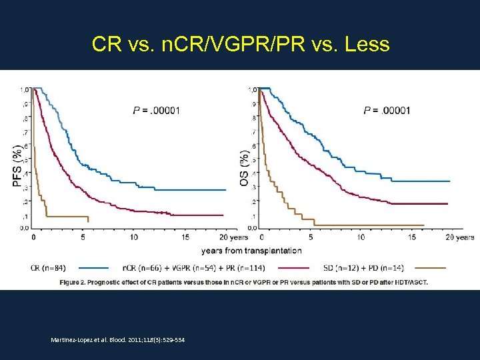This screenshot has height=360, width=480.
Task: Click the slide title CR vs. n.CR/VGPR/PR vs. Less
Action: pyautogui.click(x=240, y=45)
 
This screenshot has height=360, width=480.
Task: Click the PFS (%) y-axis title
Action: pyautogui.click(x=17, y=164)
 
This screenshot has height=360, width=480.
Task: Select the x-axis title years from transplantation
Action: pyautogui.click(x=251, y=251)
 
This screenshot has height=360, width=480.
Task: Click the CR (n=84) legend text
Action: pyautogui.click(x=48, y=268)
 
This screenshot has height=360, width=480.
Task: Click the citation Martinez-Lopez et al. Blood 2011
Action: pyautogui.click(x=118, y=340)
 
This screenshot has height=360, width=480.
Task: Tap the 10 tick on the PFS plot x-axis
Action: pyautogui.click(x=134, y=237)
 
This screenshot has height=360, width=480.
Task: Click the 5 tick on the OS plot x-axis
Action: pyautogui.click(x=311, y=237)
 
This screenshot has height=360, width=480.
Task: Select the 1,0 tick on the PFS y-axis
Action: pyautogui.click(x=24, y=89)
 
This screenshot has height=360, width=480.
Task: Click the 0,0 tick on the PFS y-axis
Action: pyautogui.click(x=24, y=227)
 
